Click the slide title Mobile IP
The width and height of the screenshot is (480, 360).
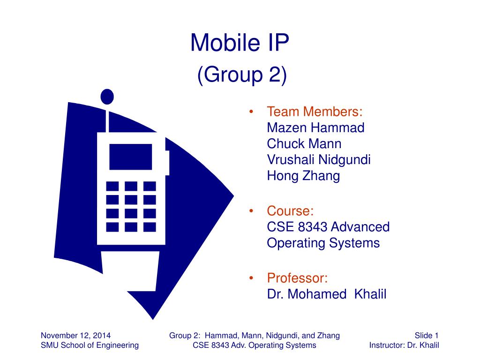click(x=240, y=43)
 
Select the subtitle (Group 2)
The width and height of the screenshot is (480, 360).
click(x=241, y=75)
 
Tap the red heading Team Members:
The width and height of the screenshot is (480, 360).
click(x=315, y=112)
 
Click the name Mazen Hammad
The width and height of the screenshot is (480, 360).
click(x=315, y=127)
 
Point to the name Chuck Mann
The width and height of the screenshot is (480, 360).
click(x=304, y=143)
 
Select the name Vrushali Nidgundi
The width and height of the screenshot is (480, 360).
click(x=319, y=160)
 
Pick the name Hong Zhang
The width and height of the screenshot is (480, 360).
click(x=303, y=176)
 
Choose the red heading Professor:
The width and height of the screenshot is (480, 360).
click(x=297, y=278)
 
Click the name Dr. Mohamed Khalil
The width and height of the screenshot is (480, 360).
click(x=327, y=294)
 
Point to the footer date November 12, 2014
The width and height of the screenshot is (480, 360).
click(x=76, y=335)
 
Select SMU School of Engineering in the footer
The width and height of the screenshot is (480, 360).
click(x=90, y=345)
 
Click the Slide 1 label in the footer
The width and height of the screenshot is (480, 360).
click(x=426, y=335)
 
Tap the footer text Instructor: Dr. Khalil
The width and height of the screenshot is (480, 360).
click(x=404, y=345)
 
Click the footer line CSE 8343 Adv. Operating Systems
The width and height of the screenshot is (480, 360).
click(x=255, y=345)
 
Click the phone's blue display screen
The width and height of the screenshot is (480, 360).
click(x=131, y=157)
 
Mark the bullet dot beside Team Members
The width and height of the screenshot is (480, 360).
click(x=252, y=112)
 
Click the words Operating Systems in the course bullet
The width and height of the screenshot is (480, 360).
click(x=323, y=243)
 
